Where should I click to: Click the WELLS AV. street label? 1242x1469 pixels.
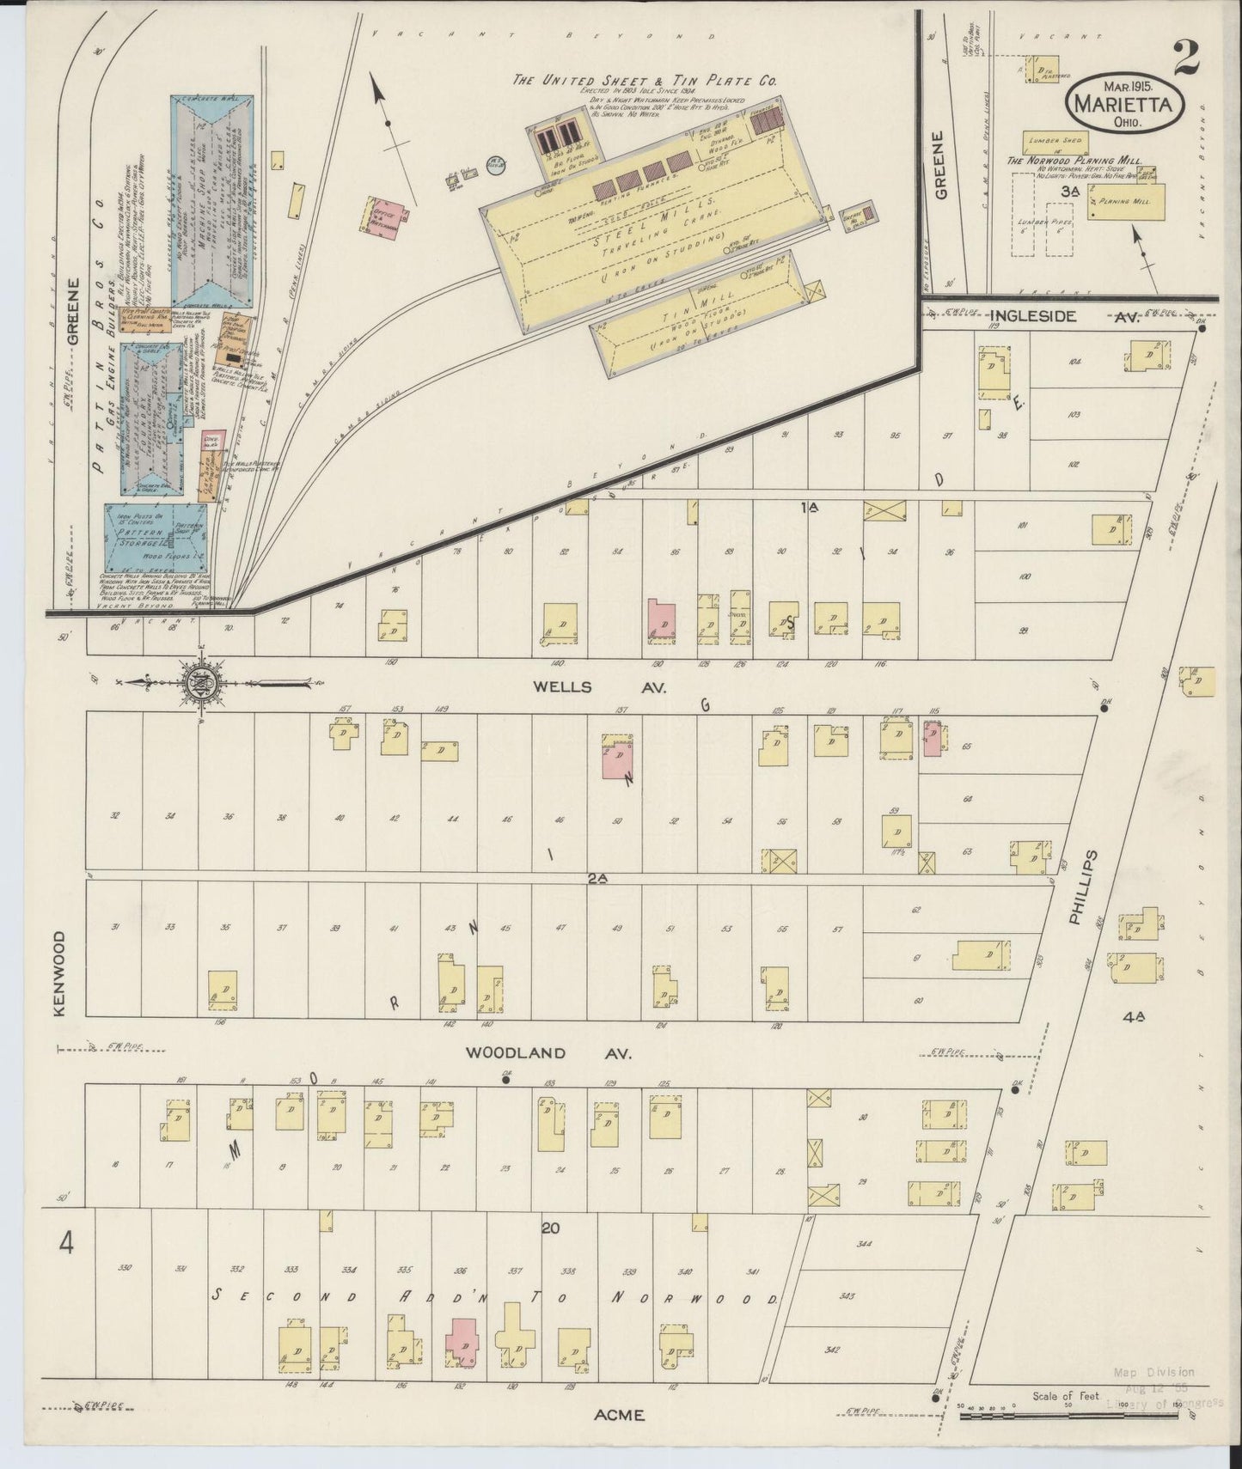tap(574, 687)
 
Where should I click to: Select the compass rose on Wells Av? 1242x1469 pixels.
tap(203, 684)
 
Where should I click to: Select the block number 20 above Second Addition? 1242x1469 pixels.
tap(550, 1228)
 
